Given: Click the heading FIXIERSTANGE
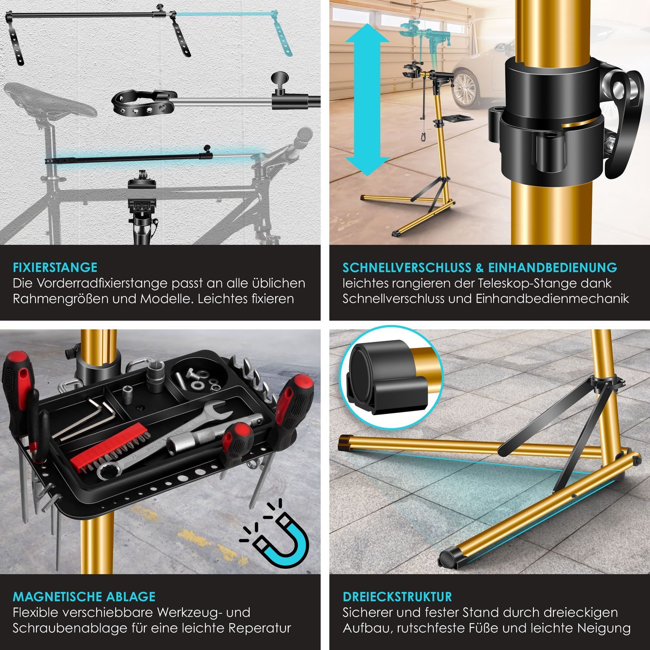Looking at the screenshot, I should click(x=55, y=267).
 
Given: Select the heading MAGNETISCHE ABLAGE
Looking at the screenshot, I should click(x=84, y=597).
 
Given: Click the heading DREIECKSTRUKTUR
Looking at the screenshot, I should click(x=397, y=597).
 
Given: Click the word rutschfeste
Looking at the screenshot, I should click(x=453, y=628).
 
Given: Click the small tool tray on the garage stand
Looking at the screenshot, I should click(x=457, y=118).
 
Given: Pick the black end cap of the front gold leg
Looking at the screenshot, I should click(x=451, y=558).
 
